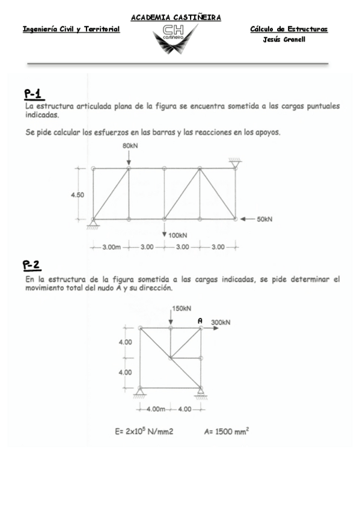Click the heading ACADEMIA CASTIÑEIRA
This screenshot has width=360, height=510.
[x=176, y=17]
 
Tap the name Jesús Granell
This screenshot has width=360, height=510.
[x=284, y=40]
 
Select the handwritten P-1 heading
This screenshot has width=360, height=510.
[x=33, y=94]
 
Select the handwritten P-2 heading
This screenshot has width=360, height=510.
[x=32, y=265]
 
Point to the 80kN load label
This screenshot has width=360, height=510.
[x=130, y=146]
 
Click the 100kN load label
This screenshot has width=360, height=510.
[x=178, y=235]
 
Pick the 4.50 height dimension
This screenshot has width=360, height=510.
[x=78, y=194]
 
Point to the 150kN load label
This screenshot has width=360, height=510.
[x=182, y=309]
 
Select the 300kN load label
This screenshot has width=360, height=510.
[x=221, y=322]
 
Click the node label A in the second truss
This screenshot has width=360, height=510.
[x=200, y=321]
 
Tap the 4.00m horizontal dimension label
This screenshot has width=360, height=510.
[x=156, y=409]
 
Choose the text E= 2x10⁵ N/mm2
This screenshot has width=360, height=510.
[x=144, y=431]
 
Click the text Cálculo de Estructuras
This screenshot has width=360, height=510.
[x=288, y=29]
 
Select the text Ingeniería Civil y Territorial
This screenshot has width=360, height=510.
[x=71, y=29]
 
